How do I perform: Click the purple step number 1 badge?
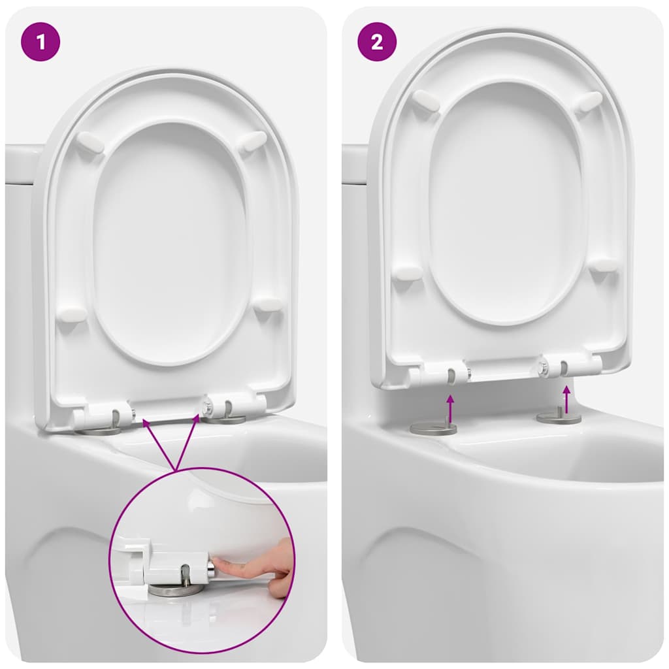(41, 42)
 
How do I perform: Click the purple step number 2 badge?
(377, 42)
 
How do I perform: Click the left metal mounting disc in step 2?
(433, 428)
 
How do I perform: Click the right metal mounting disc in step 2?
(559, 418)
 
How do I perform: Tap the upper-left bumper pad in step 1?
(90, 142)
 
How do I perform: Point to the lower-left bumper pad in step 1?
(72, 314)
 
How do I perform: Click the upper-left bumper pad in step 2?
(426, 101)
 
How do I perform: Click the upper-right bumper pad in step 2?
(589, 101)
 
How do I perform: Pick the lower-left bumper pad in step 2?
(407, 272)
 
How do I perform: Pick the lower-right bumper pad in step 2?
(604, 265)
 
